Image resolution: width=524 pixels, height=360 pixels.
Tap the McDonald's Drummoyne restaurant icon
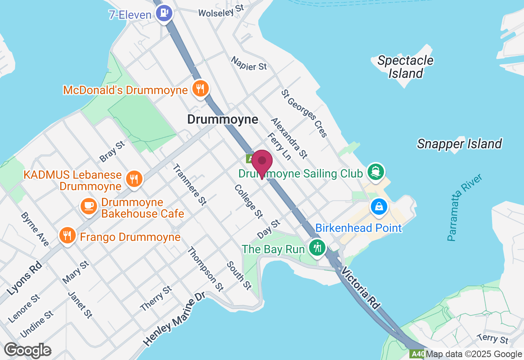(200, 88)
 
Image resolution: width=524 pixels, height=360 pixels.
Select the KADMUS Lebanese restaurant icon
(133, 179)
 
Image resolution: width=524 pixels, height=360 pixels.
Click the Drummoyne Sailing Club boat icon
(375, 171)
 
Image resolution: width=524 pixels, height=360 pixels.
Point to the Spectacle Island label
(405, 67)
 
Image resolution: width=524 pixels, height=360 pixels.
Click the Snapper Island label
(459, 144)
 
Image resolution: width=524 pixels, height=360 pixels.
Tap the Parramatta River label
(465, 207)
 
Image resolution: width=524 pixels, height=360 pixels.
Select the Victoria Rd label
(361, 288)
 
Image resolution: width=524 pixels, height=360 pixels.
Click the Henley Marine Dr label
(174, 319)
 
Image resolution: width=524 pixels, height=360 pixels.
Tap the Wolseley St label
(221, 11)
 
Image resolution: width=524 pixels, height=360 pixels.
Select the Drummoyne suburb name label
(223, 119)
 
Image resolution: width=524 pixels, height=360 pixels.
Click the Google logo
(28, 350)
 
